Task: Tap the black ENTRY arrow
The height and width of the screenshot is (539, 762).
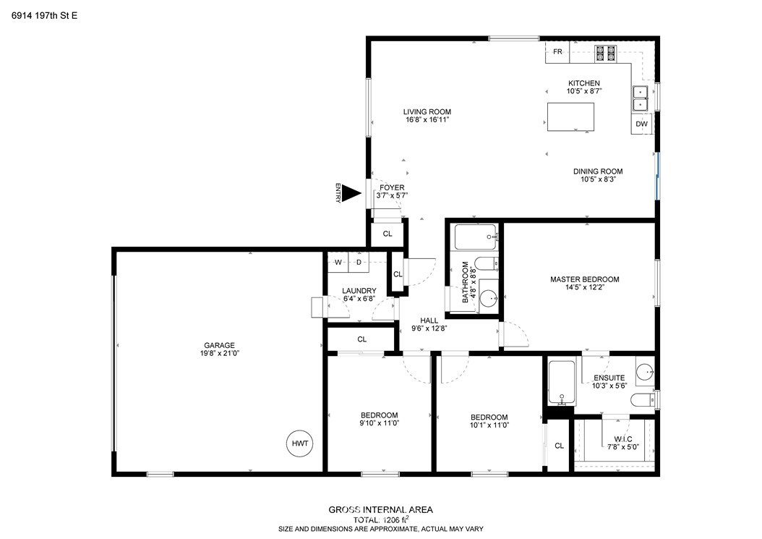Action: pyautogui.click(x=351, y=193)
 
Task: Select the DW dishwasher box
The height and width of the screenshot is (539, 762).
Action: pyautogui.click(x=642, y=124)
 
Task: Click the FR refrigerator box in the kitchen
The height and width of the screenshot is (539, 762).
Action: pyautogui.click(x=557, y=51)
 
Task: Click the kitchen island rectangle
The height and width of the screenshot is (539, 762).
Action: pyautogui.click(x=570, y=116)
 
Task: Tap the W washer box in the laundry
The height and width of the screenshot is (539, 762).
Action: pyautogui.click(x=338, y=263)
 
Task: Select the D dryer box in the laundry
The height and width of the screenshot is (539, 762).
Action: pyautogui.click(x=359, y=263)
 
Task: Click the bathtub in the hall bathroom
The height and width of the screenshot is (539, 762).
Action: pyautogui.click(x=476, y=237)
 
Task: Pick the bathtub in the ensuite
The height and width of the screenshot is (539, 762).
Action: pyautogui.click(x=562, y=383)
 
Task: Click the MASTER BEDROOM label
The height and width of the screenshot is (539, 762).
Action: pyautogui.click(x=585, y=279)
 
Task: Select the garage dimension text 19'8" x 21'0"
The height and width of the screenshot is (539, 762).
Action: pyautogui.click(x=219, y=353)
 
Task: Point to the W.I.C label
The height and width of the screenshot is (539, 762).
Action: pyautogui.click(x=623, y=438)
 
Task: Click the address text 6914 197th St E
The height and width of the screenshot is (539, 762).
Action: pyautogui.click(x=44, y=16)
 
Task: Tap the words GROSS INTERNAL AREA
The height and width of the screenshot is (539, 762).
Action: pyautogui.click(x=380, y=510)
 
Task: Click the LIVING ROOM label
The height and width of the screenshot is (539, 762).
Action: pyautogui.click(x=427, y=112)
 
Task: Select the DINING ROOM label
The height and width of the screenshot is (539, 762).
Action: pyautogui.click(x=598, y=171)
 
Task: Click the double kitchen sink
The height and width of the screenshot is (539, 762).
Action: pyautogui.click(x=641, y=98)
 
